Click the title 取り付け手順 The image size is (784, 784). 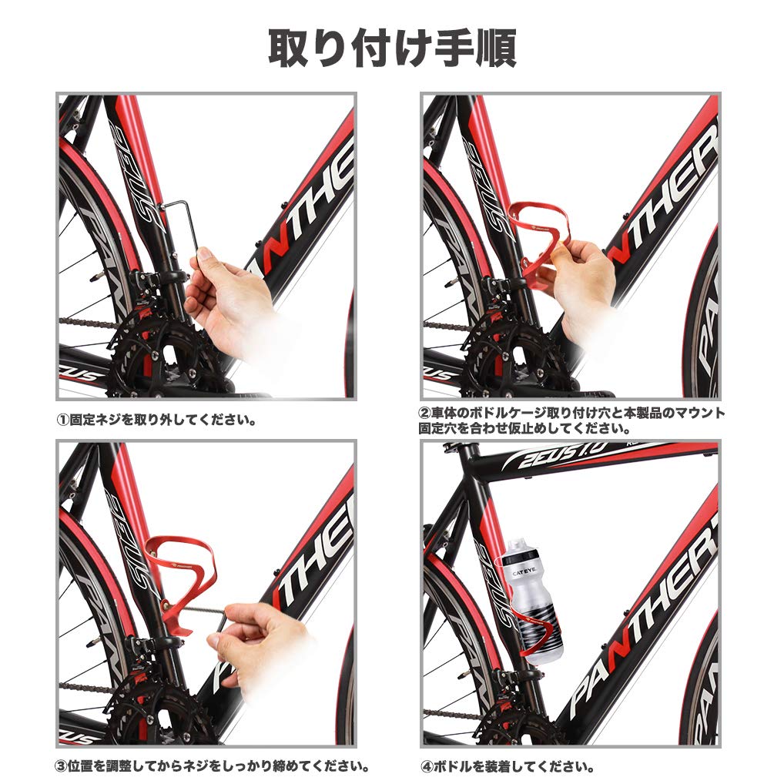[392, 48]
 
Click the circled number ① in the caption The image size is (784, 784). [62, 420]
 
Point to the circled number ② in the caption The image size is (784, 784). [424, 414]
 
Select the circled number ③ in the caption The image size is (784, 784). [62, 767]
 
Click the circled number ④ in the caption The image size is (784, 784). [427, 767]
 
